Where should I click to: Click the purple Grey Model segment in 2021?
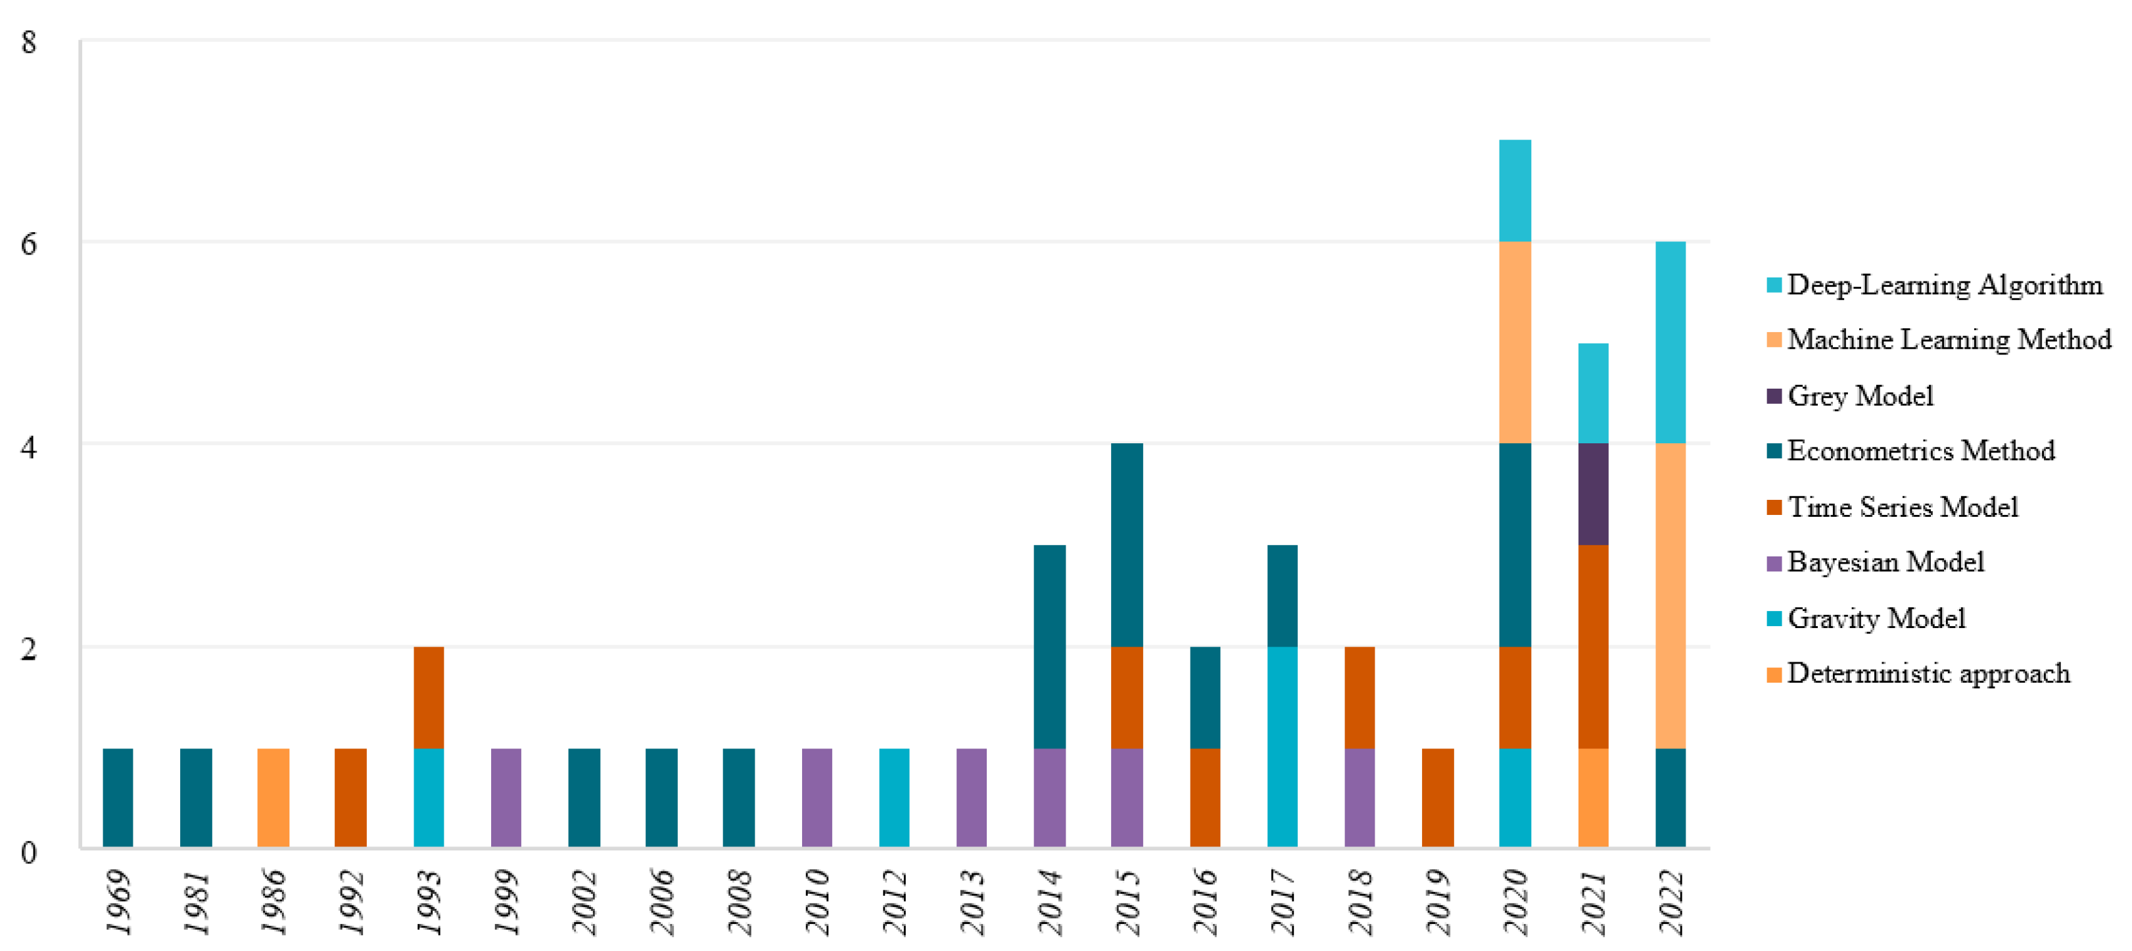click(x=1593, y=493)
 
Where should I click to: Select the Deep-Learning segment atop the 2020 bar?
click(x=1515, y=190)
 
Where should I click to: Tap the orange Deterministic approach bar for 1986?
click(x=273, y=797)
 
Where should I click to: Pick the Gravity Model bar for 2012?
click(x=894, y=797)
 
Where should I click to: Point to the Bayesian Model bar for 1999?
click(x=506, y=797)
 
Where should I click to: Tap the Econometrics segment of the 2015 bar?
click(x=1126, y=544)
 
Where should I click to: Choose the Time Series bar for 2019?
click(x=1438, y=797)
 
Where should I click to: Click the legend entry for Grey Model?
click(x=1860, y=396)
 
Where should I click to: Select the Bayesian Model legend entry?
click(x=1885, y=562)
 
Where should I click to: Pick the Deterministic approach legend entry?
click(x=1928, y=673)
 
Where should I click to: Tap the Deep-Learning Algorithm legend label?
click(x=1944, y=285)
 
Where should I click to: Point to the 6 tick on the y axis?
click(x=29, y=243)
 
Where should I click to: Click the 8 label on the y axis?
click(x=29, y=41)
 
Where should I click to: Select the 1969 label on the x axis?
click(x=118, y=902)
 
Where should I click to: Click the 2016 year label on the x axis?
click(x=1205, y=902)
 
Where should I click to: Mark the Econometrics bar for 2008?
click(x=738, y=797)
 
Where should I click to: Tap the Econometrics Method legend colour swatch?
click(x=1774, y=451)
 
